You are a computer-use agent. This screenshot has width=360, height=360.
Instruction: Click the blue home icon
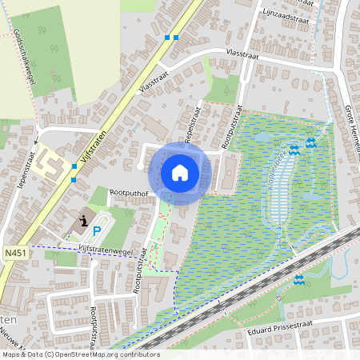pyautogui.click(x=180, y=173)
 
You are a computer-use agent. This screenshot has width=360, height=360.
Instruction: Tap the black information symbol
pyautogui.click(x=85, y=219)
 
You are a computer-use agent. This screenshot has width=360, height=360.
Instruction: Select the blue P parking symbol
pyautogui.click(x=97, y=231)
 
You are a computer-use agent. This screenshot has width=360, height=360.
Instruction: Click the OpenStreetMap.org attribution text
pyautogui.click(x=120, y=354)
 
